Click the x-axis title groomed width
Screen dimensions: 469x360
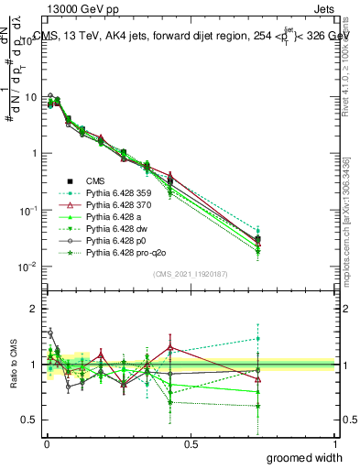tap(304, 457)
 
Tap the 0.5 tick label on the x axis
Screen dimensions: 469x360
tap(190, 443)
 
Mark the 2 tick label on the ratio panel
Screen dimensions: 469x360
tap(33, 309)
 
